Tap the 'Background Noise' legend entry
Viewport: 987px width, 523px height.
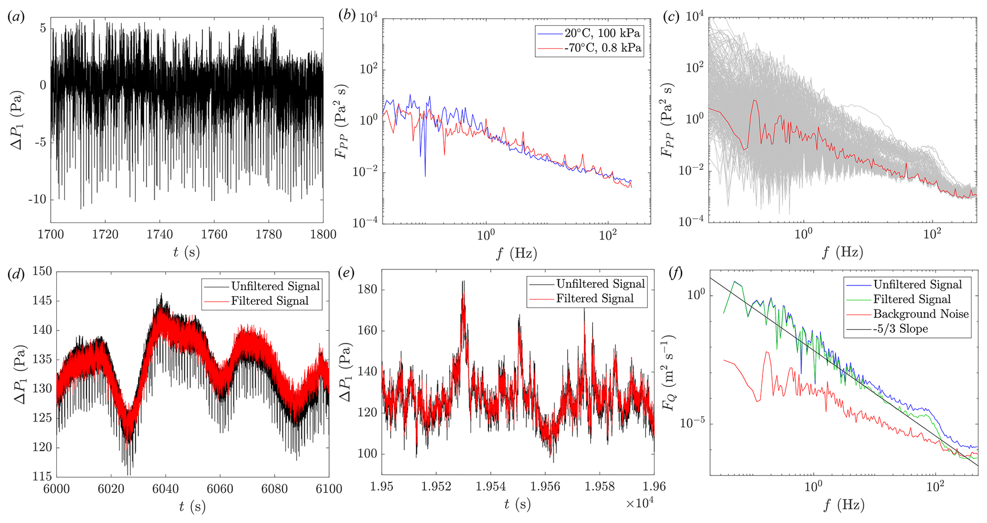click(921, 314)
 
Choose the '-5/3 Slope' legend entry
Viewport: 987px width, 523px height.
click(901, 329)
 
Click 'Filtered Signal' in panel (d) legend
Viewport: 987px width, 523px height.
click(270, 301)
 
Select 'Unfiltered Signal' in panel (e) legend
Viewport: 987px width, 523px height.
click(600, 284)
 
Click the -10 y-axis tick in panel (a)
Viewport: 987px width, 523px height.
click(37, 199)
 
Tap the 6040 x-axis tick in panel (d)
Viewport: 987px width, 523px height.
click(165, 489)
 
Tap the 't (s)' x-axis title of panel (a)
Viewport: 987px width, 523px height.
click(186, 252)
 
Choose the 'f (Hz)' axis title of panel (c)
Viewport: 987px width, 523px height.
click(843, 252)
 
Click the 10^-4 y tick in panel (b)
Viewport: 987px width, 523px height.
click(365, 222)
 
